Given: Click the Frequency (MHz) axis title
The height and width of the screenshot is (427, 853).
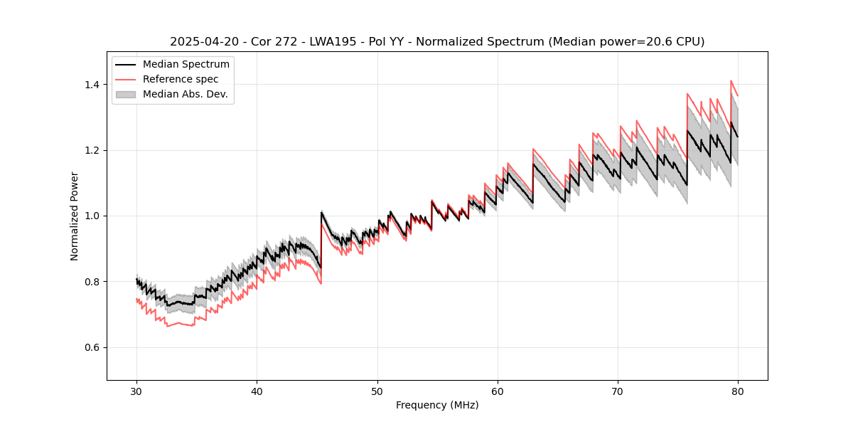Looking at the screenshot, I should click(437, 405).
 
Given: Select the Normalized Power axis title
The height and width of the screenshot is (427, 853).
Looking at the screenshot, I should click(75, 216).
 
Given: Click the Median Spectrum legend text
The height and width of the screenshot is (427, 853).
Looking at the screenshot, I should click(186, 65).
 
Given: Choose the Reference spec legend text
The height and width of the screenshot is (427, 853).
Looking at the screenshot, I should click(181, 79).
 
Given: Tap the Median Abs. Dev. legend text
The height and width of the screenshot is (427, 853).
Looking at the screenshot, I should click(185, 94).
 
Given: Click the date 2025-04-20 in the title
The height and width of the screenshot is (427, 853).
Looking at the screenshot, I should click(200, 42).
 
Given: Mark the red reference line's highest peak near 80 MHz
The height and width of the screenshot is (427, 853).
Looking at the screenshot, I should click(731, 81).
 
